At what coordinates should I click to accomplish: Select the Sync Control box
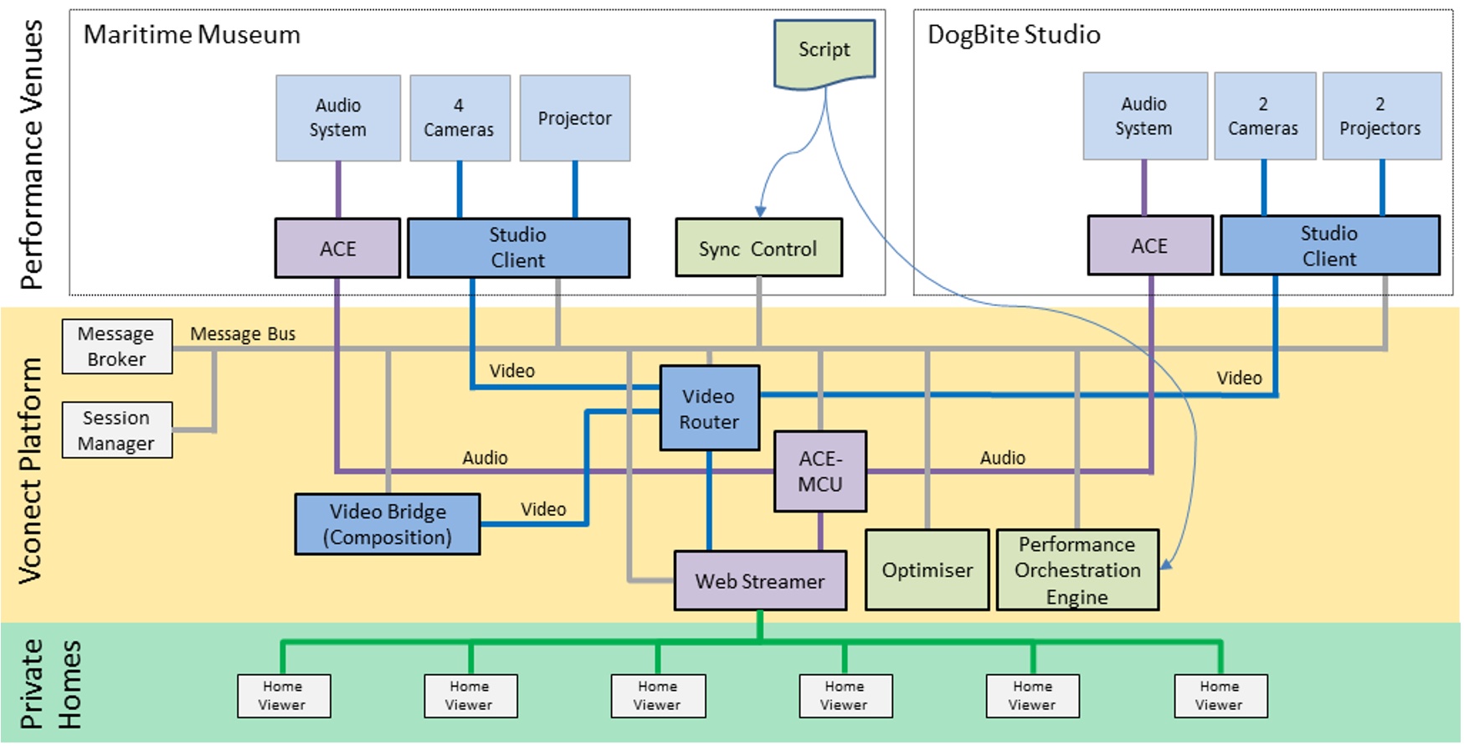coord(758,249)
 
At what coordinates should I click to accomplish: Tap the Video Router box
coord(709,409)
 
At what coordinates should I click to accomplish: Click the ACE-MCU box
coord(820,471)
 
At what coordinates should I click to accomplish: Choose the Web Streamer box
coord(760,581)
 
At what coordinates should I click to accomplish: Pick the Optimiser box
coord(927,570)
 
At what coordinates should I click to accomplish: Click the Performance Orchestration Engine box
coord(1077,570)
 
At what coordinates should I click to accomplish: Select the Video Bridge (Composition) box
coord(388,524)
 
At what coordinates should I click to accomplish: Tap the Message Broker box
coord(117,347)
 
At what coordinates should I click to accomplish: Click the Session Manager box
coord(117,430)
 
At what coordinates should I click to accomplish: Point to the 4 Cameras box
coord(460,118)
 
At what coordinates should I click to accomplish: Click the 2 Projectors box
coord(1381,116)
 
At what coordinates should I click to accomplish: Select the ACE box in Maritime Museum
coord(338,249)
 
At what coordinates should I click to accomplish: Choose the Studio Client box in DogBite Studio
coord(1329,246)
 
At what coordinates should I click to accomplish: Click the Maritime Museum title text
coord(192,35)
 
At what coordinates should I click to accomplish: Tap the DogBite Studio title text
coord(1014,35)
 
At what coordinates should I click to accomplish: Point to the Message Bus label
coord(243,334)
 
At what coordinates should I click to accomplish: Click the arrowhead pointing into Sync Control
coord(760,212)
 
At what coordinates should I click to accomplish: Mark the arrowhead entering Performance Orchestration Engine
coord(1165,566)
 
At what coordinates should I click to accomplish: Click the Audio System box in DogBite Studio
coord(1144,116)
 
